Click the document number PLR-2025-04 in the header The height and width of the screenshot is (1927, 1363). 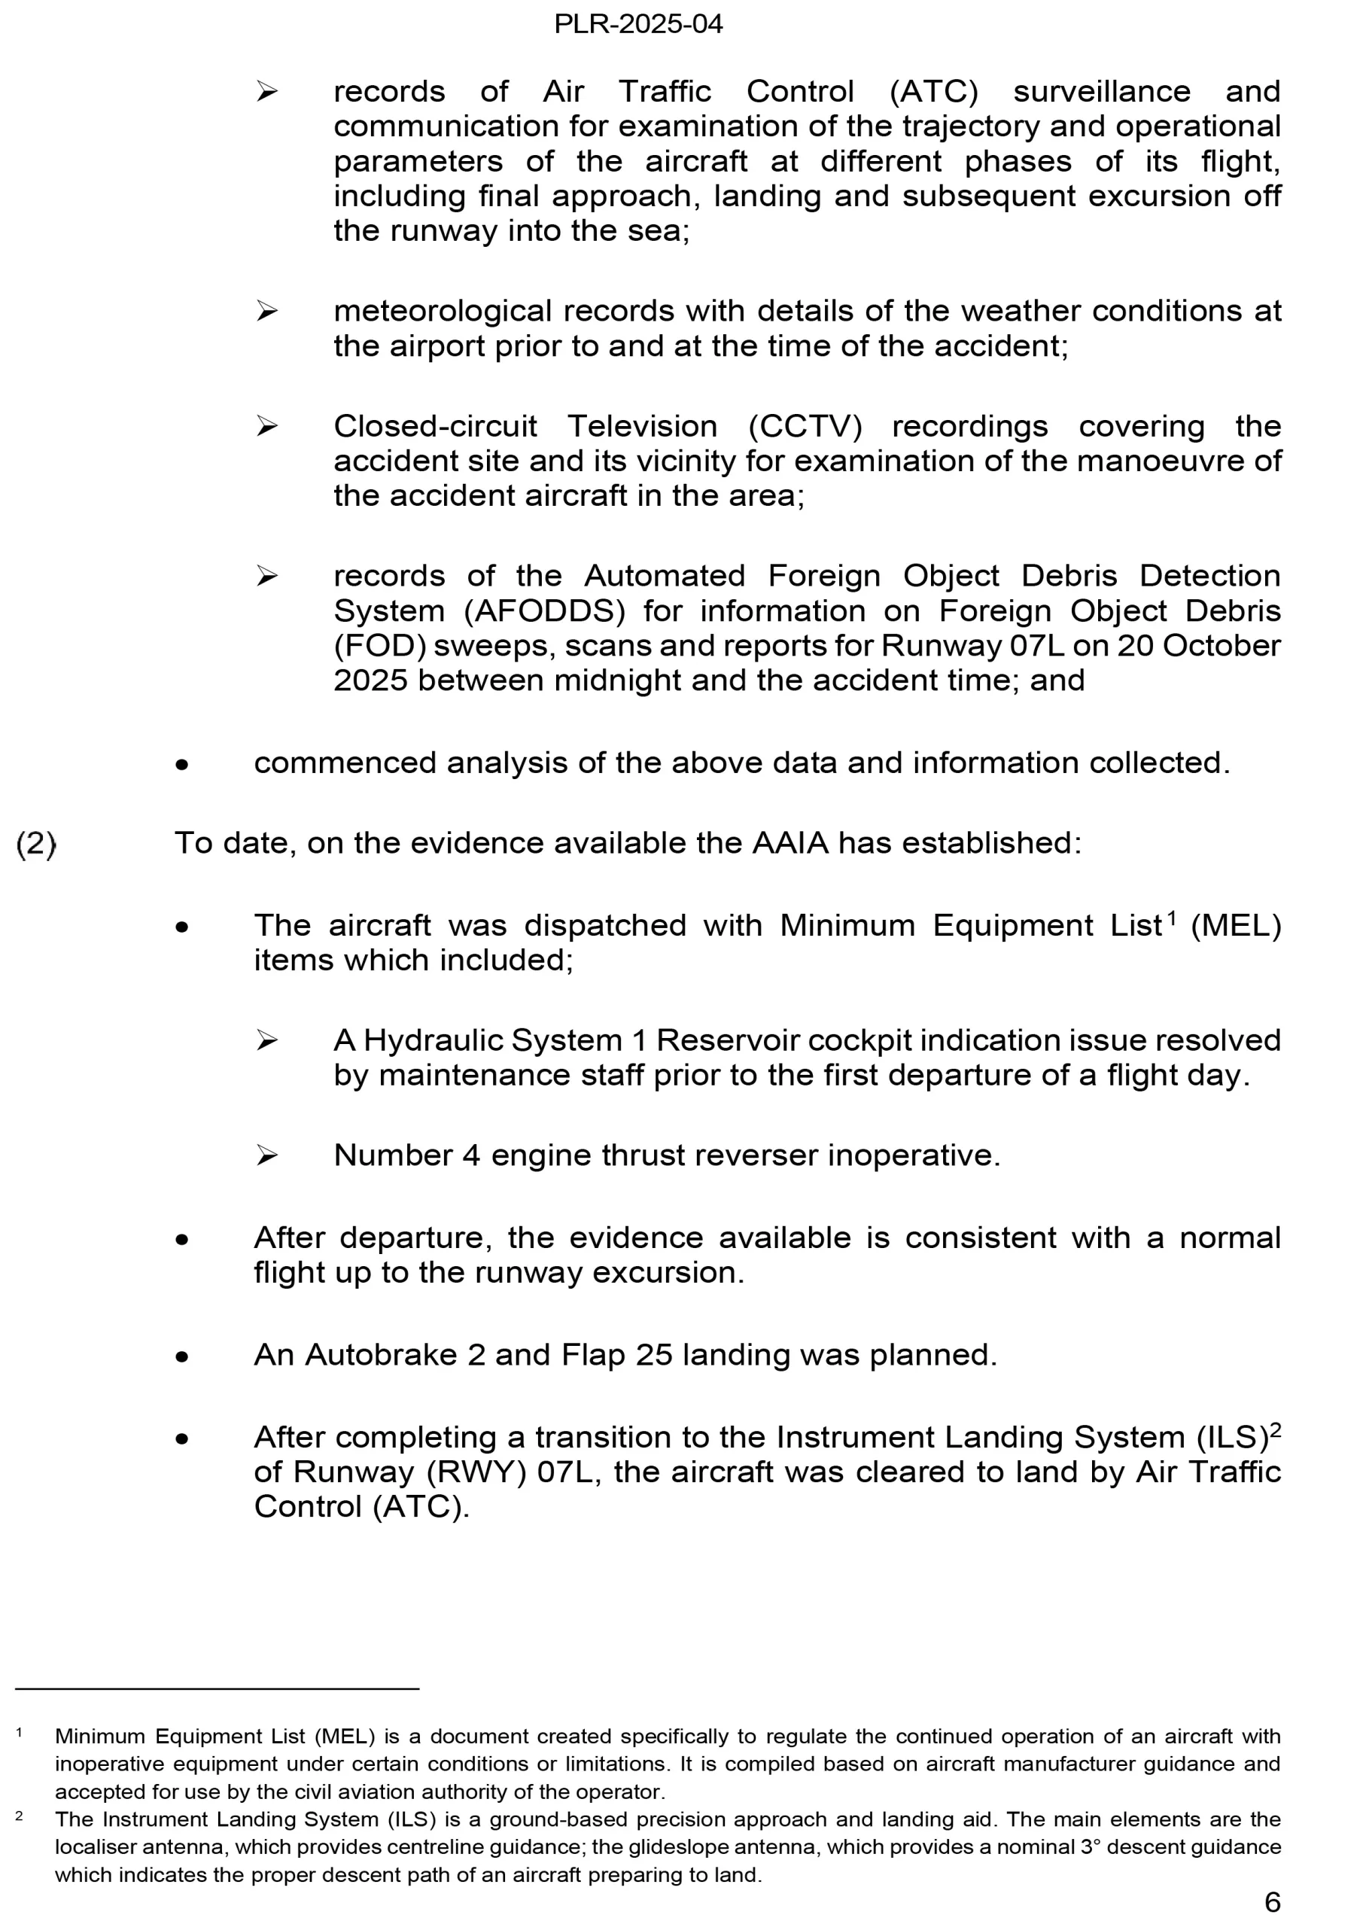click(x=638, y=23)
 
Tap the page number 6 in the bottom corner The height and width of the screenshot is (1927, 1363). click(x=1271, y=1902)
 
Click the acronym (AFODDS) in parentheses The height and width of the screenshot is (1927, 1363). click(x=545, y=611)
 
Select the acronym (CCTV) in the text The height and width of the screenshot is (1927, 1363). click(x=805, y=426)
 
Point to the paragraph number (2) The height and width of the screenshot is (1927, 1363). click(x=36, y=844)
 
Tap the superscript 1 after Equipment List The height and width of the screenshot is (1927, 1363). click(x=1171, y=918)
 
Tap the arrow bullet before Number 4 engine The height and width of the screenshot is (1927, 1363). click(x=267, y=1156)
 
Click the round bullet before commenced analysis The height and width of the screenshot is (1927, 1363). click(x=182, y=765)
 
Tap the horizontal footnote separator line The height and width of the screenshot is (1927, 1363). click(x=217, y=1688)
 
